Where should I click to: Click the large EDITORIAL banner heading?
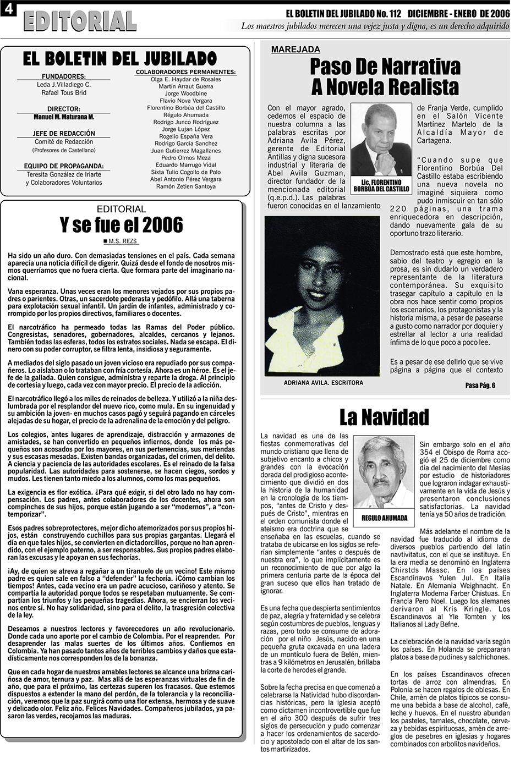[x=80, y=21]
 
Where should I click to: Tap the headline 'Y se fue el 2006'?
[x=121, y=225]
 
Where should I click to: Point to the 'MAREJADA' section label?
[x=295, y=50]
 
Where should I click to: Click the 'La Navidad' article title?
[x=384, y=417]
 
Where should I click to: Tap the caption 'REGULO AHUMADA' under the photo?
[x=385, y=518]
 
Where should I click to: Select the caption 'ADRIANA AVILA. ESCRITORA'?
[x=323, y=383]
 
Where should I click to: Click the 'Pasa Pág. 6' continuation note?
[x=480, y=385]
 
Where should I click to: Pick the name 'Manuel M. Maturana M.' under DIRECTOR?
[x=64, y=117]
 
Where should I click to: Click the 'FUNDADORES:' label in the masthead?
[x=64, y=76]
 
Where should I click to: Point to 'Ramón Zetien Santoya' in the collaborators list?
[x=186, y=186]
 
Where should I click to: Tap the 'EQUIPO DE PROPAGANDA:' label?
[x=64, y=166]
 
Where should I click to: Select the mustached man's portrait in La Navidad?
[x=384, y=472]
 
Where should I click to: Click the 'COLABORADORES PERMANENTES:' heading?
[x=185, y=72]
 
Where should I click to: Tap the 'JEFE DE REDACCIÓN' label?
[x=64, y=134]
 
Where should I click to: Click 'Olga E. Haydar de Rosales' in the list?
[x=186, y=79]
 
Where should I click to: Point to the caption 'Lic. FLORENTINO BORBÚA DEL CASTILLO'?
[x=381, y=185]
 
